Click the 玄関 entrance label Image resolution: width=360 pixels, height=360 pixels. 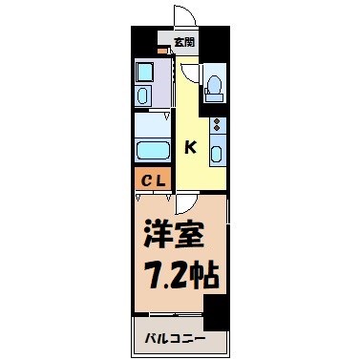click(184, 43)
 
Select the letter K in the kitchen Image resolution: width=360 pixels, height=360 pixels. click(190, 146)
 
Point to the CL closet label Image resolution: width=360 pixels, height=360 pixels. click(154, 178)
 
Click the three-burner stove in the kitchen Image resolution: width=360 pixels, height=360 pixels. click(217, 126)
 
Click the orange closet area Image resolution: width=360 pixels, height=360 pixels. click(154, 178)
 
